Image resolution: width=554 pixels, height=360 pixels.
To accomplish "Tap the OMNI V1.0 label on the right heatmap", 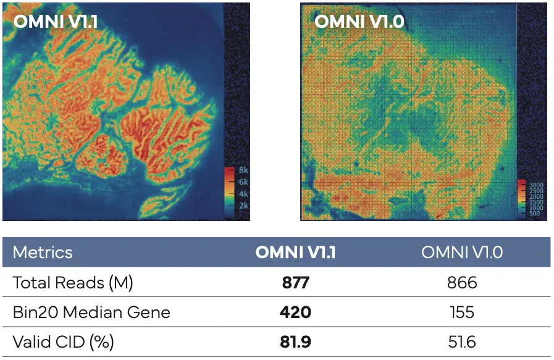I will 359,21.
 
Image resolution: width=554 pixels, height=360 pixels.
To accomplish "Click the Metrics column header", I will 43,253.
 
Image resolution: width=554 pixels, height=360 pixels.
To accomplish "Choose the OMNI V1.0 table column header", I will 463,253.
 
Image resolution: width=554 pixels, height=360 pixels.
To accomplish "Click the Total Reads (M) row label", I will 73,283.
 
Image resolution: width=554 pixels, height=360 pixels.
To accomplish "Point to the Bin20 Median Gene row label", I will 91,312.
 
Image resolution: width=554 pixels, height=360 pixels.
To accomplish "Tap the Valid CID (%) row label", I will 64,341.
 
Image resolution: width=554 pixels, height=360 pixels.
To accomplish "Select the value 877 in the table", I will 295,283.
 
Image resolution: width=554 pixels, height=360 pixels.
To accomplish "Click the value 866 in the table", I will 463,283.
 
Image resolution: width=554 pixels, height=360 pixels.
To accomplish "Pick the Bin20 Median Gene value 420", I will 295,312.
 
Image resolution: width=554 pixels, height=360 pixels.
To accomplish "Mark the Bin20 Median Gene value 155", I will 463,312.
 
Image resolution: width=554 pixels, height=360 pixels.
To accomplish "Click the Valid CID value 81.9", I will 295,341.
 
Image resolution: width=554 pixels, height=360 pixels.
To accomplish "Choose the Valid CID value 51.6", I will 463,341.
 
